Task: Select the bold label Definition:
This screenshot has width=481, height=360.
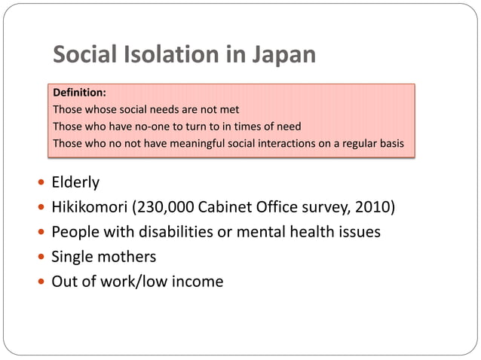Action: click(79, 93)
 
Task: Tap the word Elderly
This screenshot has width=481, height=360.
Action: click(75, 183)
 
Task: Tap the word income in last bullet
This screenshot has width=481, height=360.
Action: click(198, 282)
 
